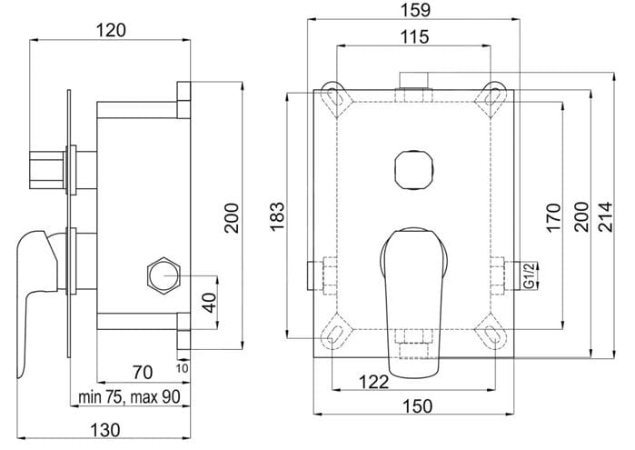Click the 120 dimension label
click(x=111, y=30)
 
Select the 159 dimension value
click(x=417, y=10)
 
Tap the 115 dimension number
click(x=414, y=37)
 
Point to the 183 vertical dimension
click(x=277, y=216)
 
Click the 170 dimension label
click(x=553, y=217)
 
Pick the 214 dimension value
click(x=606, y=216)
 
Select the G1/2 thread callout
click(x=530, y=276)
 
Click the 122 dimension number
click(x=373, y=382)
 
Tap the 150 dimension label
click(x=417, y=405)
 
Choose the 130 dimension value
click(x=105, y=430)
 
